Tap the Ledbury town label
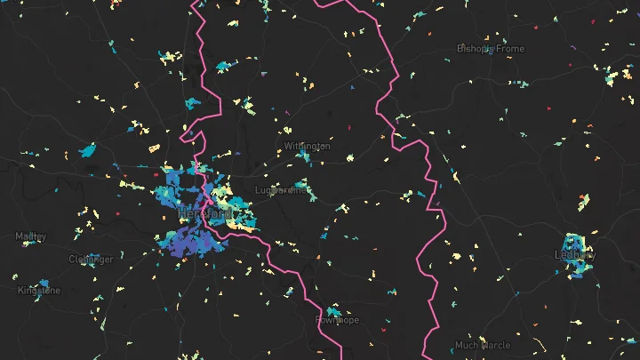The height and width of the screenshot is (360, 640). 575,254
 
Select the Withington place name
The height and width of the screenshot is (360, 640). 308,146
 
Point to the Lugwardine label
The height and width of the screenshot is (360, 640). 281,190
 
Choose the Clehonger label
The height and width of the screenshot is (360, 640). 92,260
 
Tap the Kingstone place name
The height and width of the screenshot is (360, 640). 39,291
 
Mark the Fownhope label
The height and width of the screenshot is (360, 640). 337,320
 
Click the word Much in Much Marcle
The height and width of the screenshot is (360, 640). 467,345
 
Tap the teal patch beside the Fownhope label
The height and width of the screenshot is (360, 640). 332,310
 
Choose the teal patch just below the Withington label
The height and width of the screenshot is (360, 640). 305,156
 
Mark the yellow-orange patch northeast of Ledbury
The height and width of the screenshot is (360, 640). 584,203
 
